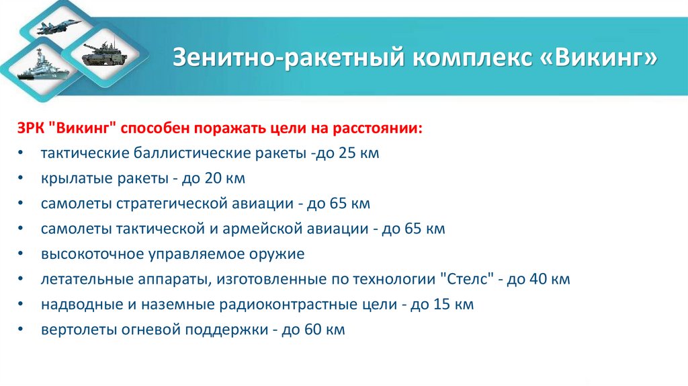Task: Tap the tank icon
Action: (x=101, y=52)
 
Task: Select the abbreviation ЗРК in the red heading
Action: (x=32, y=128)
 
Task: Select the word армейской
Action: (x=259, y=229)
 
